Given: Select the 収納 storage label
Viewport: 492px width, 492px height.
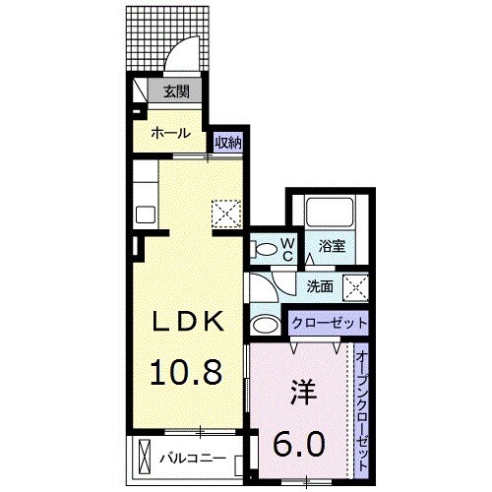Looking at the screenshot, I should pos(228,143).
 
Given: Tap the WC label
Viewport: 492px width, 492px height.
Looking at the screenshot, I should pos(287,250).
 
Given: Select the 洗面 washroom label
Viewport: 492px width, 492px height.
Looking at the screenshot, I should pos(319,287).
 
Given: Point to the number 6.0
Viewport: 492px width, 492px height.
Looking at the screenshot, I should pos(296,443).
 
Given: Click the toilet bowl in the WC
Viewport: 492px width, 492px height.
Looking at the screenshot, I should pos(262,250).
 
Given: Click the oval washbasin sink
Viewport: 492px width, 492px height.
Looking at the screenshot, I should pos(265,326).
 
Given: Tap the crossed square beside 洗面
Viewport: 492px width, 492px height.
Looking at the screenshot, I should pos(355,287).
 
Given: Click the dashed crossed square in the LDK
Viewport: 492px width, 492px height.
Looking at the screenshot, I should pos(227,212).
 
